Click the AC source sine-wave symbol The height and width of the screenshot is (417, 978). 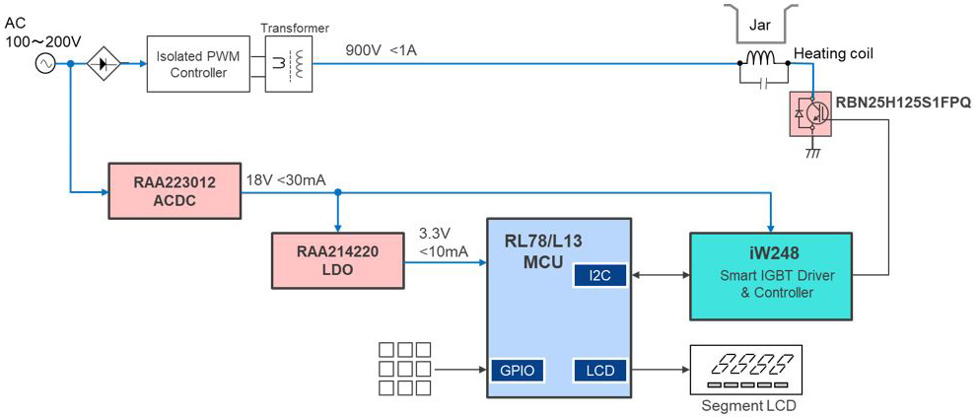tap(45, 64)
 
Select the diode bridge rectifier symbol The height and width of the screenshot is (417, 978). tap(104, 64)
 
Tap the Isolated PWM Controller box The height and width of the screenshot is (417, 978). tap(197, 64)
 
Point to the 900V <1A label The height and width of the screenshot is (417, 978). tap(382, 50)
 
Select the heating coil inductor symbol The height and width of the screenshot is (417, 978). tap(762, 60)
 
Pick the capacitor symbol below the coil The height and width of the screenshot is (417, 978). tap(763, 84)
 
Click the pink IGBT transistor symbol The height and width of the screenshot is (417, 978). tap(811, 114)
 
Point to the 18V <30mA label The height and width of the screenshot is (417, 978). tap(286, 179)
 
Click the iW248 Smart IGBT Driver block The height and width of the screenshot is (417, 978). tap(770, 276)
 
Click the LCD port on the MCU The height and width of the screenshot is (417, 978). tap(599, 371)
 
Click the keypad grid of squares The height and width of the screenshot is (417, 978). tap(405, 369)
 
